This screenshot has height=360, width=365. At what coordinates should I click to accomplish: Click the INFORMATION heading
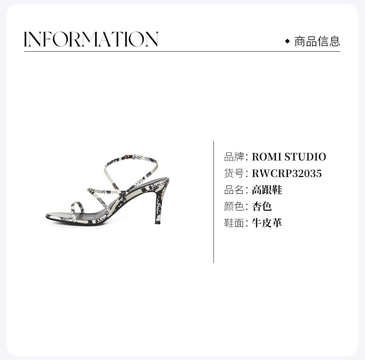pos(91,39)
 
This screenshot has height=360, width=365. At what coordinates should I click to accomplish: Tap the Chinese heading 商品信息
pos(317,41)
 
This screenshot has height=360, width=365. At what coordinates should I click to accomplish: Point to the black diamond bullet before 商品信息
pos(288,41)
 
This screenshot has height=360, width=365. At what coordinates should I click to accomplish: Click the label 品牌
pos(234,157)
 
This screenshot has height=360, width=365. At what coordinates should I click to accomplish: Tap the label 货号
pos(234,173)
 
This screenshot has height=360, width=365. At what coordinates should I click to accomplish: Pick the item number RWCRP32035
pos(286,173)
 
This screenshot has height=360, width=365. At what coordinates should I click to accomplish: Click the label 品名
pos(234,190)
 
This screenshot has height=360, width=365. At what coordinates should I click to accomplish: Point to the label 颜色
pos(234,207)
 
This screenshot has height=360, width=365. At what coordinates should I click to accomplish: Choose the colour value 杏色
pos(261,207)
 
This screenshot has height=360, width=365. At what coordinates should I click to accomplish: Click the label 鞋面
pos(234,223)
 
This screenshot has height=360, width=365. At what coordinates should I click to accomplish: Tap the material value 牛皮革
pos(267,223)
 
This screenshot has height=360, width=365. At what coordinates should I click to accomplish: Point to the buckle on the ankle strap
pos(129,157)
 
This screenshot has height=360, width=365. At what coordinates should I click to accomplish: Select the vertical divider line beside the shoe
pos(214,202)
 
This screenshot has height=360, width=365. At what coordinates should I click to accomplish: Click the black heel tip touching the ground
pos(157,222)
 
